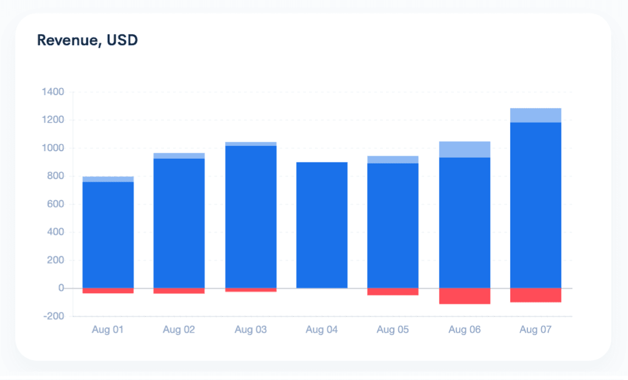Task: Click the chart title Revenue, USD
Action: point(87,40)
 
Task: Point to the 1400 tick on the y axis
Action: point(53,91)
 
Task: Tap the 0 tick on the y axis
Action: point(61,288)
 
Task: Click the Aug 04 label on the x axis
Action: point(322,330)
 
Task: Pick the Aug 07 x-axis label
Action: point(535,330)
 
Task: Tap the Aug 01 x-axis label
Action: point(107,330)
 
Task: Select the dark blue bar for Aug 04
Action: point(322,225)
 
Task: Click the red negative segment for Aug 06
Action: point(464,296)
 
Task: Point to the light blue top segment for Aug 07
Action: point(535,115)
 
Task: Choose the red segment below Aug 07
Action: point(535,295)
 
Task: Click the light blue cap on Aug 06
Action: point(464,150)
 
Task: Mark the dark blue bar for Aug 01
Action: point(108,235)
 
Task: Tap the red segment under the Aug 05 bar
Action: point(393,291)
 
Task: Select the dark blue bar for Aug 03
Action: point(251,217)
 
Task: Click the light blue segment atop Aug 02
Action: point(179,156)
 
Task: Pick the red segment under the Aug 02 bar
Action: point(179,291)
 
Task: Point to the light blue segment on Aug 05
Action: point(393,159)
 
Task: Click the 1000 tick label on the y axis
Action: point(53,148)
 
